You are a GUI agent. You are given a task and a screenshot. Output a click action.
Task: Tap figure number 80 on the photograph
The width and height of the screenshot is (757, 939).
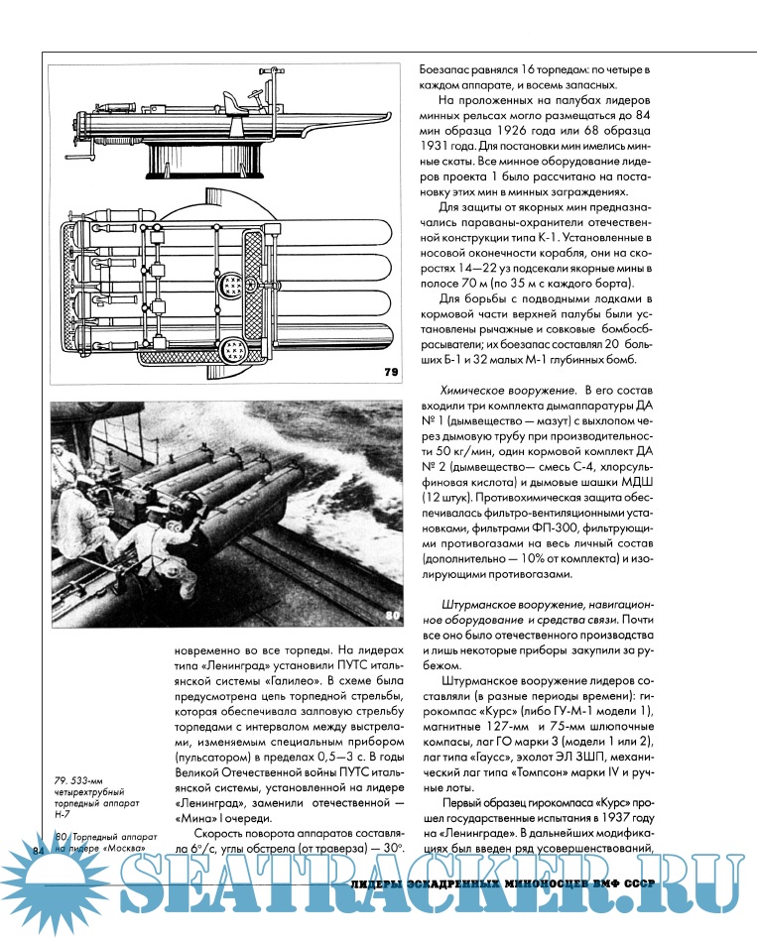pyautogui.click(x=392, y=615)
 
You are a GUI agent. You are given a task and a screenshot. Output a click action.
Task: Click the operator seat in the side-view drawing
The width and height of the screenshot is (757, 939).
pyautogui.click(x=232, y=100)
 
